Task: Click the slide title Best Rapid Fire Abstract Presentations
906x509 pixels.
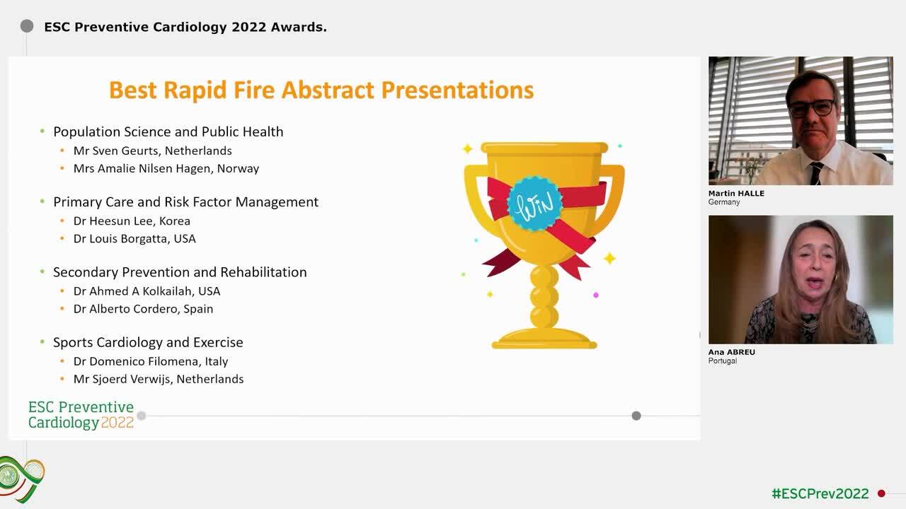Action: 321,90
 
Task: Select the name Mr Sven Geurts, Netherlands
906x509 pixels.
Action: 152,151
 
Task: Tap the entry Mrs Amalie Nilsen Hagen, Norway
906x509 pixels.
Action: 166,168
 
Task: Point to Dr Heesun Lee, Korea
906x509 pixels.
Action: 132,221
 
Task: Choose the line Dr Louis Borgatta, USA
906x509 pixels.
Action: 134,238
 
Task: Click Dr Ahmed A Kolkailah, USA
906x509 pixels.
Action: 147,291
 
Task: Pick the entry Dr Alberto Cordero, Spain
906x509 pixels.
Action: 143,308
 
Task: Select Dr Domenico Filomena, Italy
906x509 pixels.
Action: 150,361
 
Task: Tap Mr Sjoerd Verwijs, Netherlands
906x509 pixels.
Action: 158,379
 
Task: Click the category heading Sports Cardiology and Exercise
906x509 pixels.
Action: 148,342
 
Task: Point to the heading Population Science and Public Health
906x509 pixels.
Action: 168,131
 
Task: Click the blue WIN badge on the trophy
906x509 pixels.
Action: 535,204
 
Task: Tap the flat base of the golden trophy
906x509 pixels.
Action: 544,343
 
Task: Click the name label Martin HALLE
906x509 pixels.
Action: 737,194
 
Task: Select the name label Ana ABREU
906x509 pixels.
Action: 731,352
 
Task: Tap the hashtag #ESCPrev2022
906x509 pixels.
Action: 820,493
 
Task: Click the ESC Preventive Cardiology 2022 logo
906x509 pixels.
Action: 81,415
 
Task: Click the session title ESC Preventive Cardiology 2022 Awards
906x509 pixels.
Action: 185,27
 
